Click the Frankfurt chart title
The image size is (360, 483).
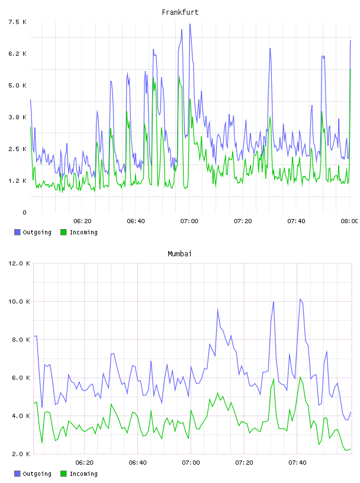click(180, 12)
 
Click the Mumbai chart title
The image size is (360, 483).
click(179, 254)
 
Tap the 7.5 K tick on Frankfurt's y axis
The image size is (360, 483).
click(17, 22)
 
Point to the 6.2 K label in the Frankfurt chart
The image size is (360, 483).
click(17, 54)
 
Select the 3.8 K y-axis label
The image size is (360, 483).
click(17, 117)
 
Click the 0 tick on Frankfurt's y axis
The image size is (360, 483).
click(24, 212)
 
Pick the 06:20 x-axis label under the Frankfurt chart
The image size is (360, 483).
click(82, 221)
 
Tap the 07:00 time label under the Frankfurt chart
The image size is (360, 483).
click(189, 221)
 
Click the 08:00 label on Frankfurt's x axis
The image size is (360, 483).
click(349, 221)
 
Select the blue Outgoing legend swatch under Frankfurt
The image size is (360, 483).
click(17, 232)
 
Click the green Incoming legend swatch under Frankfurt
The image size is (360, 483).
click(63, 232)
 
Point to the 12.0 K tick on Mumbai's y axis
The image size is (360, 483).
click(19, 263)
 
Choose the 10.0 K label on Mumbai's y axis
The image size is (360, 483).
click(19, 301)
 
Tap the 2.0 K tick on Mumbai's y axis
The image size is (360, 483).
click(21, 454)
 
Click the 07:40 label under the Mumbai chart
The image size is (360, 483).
click(297, 463)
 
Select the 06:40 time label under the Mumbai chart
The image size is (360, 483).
click(138, 463)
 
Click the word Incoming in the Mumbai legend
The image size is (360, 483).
click(83, 474)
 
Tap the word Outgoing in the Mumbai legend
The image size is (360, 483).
click(37, 474)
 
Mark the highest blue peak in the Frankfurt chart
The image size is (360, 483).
click(190, 24)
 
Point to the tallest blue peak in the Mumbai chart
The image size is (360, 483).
click(300, 299)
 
